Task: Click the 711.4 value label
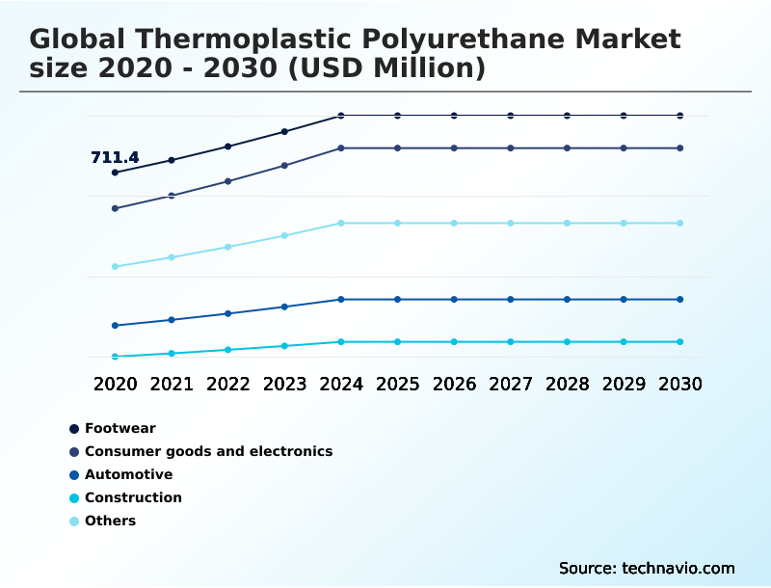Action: (x=115, y=157)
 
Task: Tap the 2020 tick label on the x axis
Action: (x=115, y=384)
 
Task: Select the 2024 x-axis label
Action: (x=340, y=384)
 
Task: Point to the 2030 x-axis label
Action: (x=679, y=384)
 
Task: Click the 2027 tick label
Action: (x=510, y=384)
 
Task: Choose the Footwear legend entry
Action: (x=120, y=428)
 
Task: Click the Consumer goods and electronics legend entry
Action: (x=208, y=451)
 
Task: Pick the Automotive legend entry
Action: (x=128, y=474)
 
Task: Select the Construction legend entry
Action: (x=133, y=497)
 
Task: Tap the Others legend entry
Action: (x=110, y=521)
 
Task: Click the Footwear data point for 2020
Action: (x=115, y=173)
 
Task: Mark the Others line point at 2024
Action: (x=340, y=223)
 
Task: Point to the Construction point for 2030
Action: (x=679, y=341)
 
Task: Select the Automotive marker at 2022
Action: (x=227, y=313)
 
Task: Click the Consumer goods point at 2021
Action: (x=172, y=196)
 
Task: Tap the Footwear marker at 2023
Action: (x=284, y=131)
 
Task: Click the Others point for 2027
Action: (x=510, y=223)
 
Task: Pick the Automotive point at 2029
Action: (x=624, y=299)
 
